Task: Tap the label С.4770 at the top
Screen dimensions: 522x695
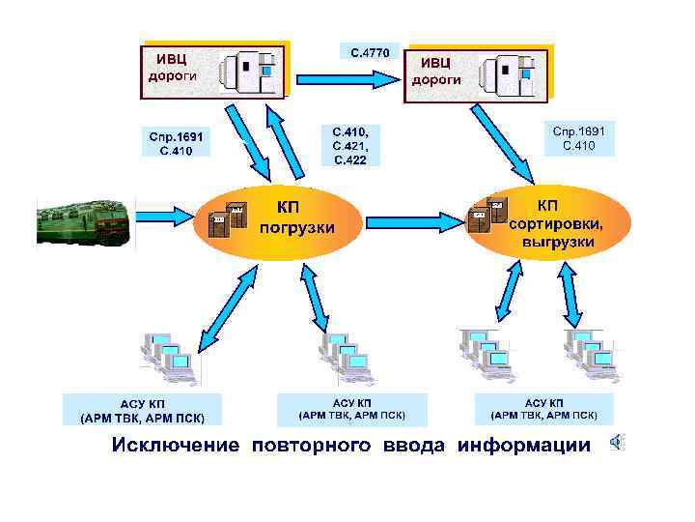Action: point(370,51)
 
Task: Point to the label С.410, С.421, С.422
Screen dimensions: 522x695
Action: point(350,144)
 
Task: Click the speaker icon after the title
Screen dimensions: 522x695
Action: point(615,443)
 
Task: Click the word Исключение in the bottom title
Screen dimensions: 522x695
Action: point(175,445)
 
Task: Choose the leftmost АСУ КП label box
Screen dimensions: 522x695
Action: point(142,410)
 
